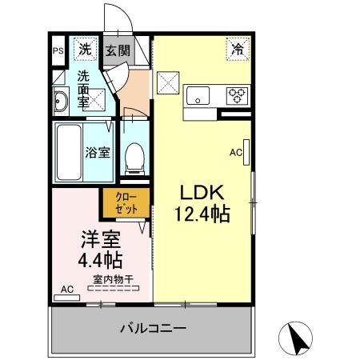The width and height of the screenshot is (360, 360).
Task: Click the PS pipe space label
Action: click(x=58, y=50)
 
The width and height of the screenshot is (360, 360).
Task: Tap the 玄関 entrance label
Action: click(x=118, y=50)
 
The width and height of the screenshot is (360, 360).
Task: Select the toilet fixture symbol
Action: click(x=134, y=159)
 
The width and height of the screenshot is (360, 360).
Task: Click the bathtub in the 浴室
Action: click(x=69, y=152)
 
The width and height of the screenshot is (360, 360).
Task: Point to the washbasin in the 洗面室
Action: click(x=61, y=102)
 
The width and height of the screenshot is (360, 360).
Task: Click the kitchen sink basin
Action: click(x=198, y=96)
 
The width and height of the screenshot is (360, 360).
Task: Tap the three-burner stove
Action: click(x=237, y=96)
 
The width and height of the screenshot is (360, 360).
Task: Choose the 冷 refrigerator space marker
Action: click(x=238, y=49)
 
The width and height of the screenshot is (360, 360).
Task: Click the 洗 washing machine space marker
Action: click(x=85, y=49)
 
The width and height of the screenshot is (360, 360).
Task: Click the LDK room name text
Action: click(x=202, y=193)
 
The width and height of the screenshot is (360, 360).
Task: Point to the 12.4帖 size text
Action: click(x=202, y=214)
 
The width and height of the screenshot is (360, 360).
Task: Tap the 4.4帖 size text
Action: click(x=100, y=260)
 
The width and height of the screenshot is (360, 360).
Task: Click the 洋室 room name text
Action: click(x=101, y=239)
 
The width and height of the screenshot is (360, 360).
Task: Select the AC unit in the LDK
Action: click(x=246, y=152)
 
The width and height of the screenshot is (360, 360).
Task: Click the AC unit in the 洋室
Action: click(x=66, y=298)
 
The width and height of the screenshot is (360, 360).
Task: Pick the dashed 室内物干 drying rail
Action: click(x=114, y=288)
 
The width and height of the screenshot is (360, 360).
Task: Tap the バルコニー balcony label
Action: click(x=153, y=328)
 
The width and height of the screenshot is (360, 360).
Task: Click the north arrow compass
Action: click(x=295, y=338)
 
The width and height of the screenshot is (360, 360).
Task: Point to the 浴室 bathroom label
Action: click(x=98, y=153)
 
